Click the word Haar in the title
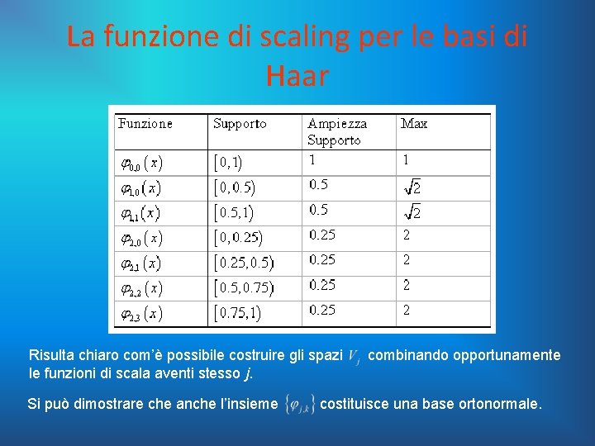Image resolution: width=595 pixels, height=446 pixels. pos(297,76)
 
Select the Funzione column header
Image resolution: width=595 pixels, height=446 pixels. pos(145,124)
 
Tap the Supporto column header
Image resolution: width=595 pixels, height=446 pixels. pos(240,124)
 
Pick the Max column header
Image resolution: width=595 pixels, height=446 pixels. pos(414,124)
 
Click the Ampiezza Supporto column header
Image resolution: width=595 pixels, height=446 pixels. pos(337,131)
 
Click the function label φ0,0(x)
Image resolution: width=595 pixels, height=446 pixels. pos(141,162)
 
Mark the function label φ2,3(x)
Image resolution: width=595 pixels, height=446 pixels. pos(141,313)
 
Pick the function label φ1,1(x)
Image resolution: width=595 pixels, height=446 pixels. pos(141,213)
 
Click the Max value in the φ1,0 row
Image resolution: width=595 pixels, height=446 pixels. pos(412,187)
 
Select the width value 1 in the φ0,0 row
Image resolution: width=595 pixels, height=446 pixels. pos(312,159)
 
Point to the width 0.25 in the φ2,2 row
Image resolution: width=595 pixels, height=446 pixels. pos(322,285)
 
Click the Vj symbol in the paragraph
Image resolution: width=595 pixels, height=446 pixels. pos(354,357)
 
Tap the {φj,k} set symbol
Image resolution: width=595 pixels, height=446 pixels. pos(298,405)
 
